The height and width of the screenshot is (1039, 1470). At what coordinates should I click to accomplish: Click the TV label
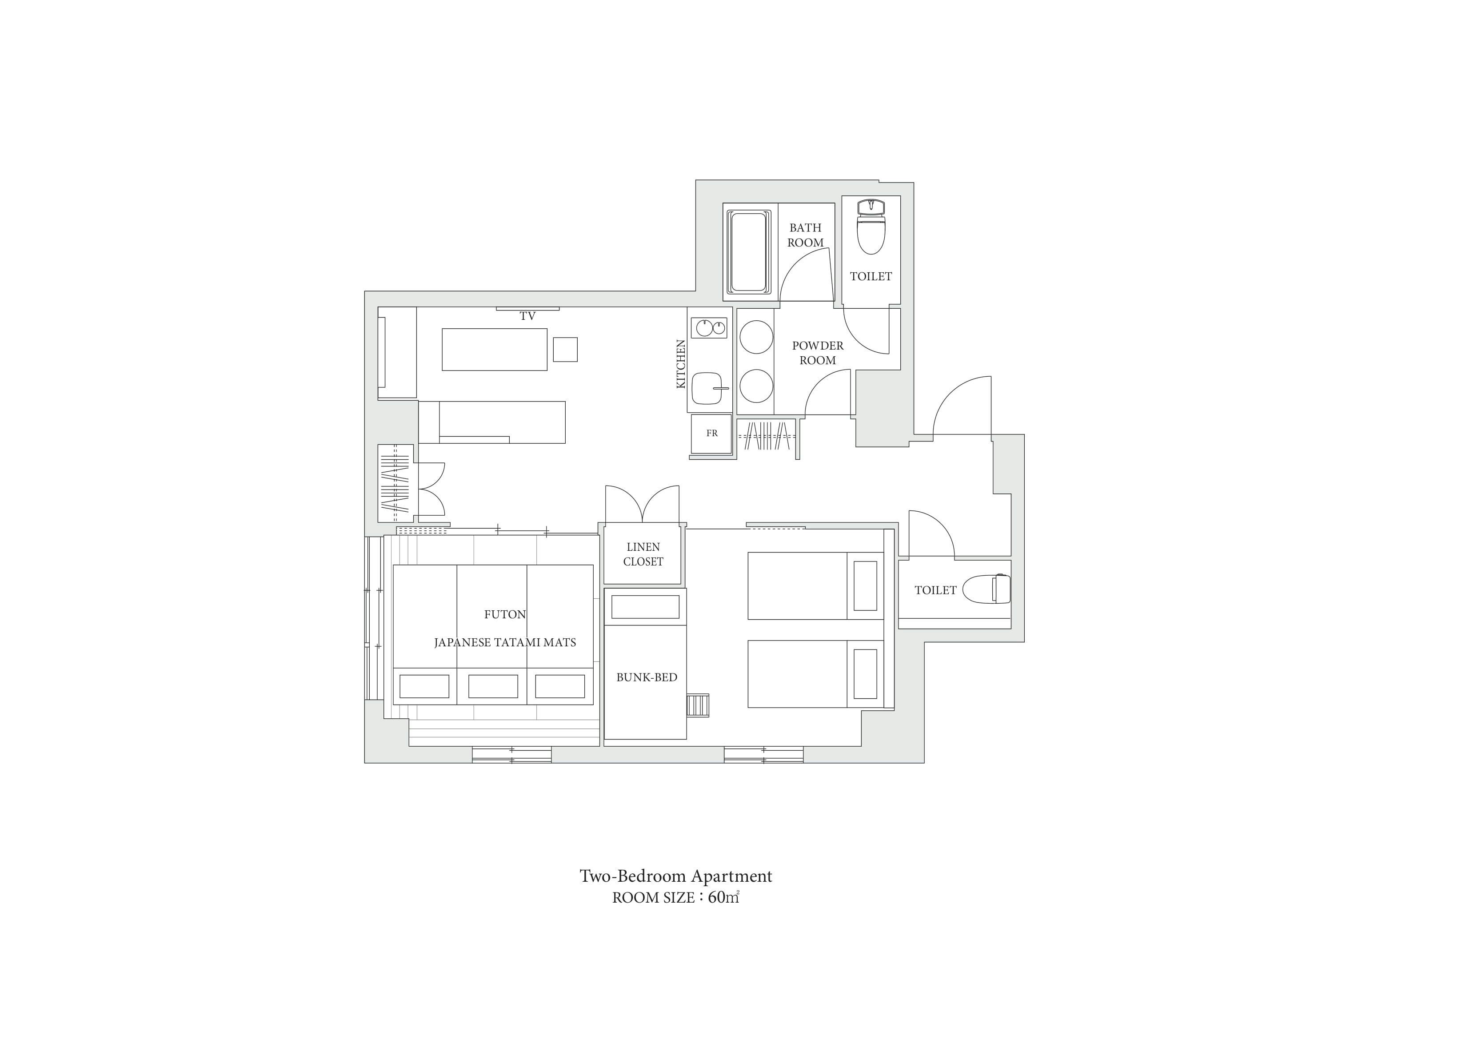pos(527,316)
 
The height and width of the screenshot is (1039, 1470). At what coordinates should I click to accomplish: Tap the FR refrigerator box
pos(711,434)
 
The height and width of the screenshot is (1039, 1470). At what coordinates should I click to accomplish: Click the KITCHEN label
pos(681,364)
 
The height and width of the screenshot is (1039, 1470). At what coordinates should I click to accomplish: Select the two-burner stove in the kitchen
pos(709,328)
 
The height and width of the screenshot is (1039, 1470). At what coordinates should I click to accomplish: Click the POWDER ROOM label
pos(818,353)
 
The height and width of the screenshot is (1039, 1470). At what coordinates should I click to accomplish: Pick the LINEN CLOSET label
pos(643,554)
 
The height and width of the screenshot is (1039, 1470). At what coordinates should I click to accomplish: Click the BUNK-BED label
pos(647,677)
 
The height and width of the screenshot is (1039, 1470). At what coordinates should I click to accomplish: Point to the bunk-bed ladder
pos(698,705)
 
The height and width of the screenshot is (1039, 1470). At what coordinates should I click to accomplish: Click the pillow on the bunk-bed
pos(645,607)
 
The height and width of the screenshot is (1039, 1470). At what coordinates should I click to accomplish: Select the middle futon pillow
pos(493,686)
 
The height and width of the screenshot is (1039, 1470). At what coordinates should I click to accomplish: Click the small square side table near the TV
pos(565,350)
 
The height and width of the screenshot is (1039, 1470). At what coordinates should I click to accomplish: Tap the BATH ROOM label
pos(805,235)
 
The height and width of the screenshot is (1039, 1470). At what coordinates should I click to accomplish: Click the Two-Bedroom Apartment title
pos(676,876)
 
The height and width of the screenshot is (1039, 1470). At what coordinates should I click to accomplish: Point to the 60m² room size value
pos(723,898)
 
